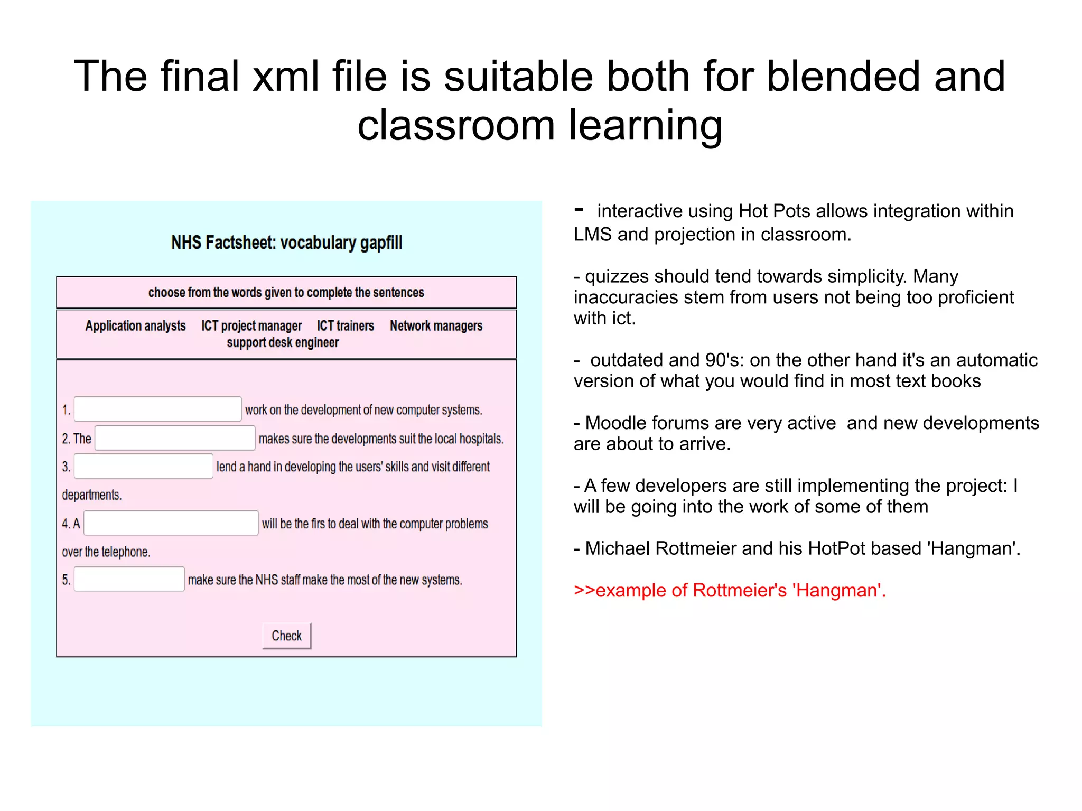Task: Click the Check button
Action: pyautogui.click(x=286, y=636)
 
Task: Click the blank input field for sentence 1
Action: pyautogui.click(x=157, y=409)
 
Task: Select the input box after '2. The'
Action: pyautogui.click(x=175, y=438)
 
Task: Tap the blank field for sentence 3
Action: pyautogui.click(x=143, y=466)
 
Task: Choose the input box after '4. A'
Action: pyautogui.click(x=171, y=523)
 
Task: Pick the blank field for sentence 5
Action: pyautogui.click(x=129, y=579)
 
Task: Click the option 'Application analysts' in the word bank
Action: pyautogui.click(x=135, y=326)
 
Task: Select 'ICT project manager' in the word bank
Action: pyautogui.click(x=251, y=326)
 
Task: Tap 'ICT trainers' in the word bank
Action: pyautogui.click(x=345, y=326)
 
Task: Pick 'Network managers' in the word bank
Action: pyautogui.click(x=436, y=326)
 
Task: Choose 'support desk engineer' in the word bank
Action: pyautogui.click(x=283, y=343)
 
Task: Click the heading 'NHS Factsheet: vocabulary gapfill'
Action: pyautogui.click(x=286, y=243)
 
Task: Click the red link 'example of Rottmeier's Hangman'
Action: pyautogui.click(x=730, y=590)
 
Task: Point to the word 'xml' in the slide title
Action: pyautogui.click(x=286, y=77)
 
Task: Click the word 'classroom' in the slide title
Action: pyautogui.click(x=455, y=126)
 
